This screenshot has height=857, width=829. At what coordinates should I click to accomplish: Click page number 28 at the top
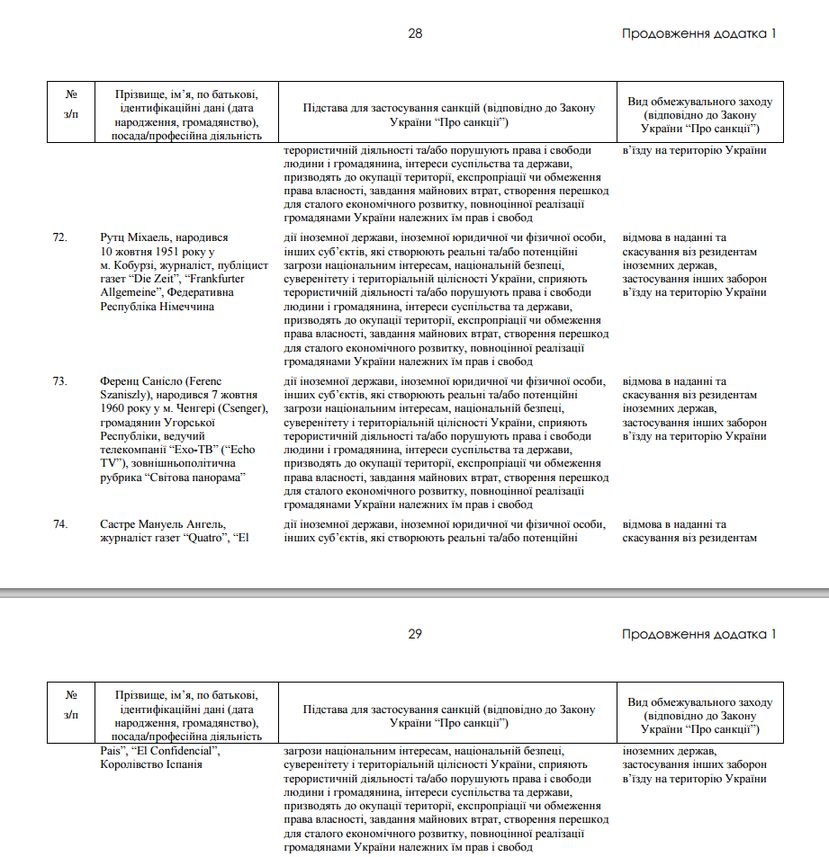point(415,33)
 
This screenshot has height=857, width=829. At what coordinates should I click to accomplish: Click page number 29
point(415,634)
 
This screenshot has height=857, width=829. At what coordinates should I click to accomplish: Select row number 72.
point(59,237)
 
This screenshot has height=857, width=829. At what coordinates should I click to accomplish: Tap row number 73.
point(59,380)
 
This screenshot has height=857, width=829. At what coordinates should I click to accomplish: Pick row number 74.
point(59,523)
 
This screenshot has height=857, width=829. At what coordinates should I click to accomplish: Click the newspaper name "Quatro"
point(209,538)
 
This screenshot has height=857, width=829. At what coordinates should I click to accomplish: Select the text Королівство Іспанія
point(151,763)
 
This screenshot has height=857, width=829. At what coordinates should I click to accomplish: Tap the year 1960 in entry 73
point(115,408)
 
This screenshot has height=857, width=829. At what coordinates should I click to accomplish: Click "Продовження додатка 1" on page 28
point(698,33)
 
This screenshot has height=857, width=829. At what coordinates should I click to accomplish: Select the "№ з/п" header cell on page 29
point(71,705)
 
